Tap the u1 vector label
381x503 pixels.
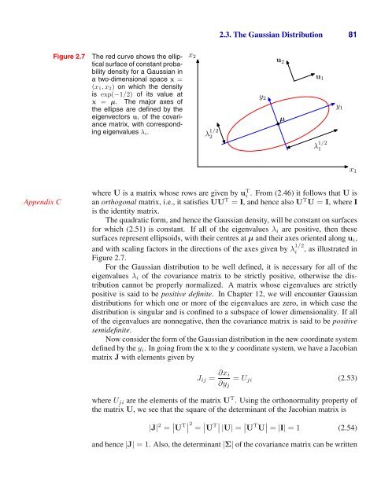(x=318, y=78)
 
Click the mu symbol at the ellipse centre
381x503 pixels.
(x=281, y=119)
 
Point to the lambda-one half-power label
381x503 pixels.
(x=320, y=146)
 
